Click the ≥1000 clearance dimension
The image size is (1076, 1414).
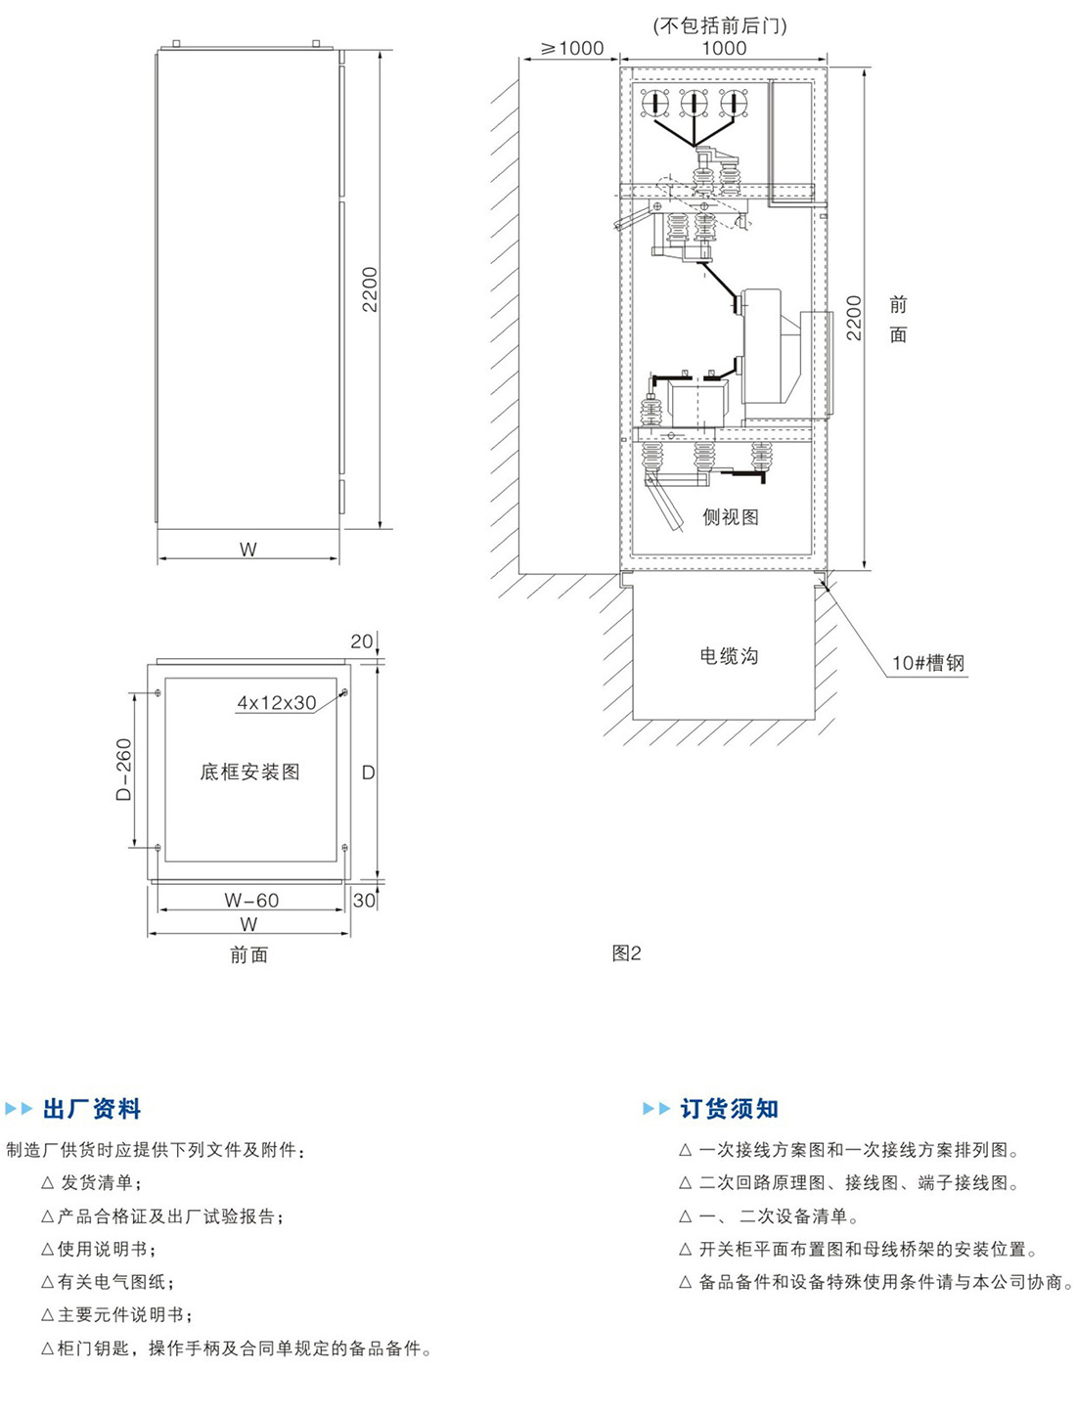point(572,48)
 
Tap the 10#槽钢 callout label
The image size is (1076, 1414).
point(927,663)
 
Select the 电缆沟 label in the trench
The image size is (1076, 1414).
point(729,656)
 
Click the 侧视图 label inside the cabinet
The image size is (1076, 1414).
point(731,516)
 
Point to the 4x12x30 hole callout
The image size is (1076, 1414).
point(276,702)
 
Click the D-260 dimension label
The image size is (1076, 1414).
point(124,770)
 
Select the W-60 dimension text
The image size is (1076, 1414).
point(251,900)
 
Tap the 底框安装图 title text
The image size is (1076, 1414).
point(249,772)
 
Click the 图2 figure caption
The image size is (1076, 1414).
point(626,952)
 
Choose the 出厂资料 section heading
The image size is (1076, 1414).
point(92,1109)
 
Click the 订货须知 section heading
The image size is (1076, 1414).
point(729,1109)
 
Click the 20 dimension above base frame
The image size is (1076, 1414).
point(361,641)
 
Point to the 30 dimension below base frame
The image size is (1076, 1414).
point(364,901)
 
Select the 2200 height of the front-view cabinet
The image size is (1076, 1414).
point(370,289)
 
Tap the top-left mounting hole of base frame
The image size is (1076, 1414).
point(158,693)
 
